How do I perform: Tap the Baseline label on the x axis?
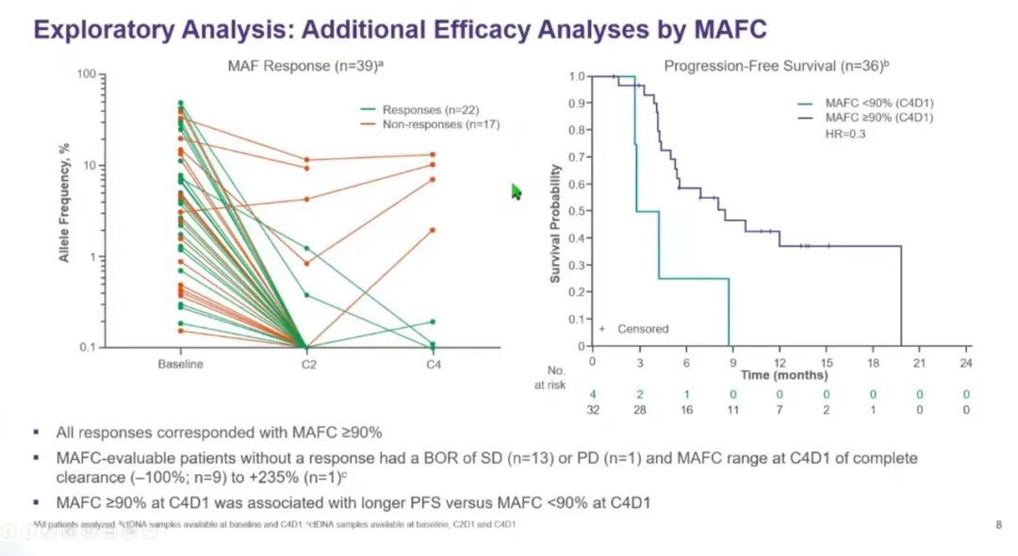(x=180, y=364)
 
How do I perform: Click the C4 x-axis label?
(x=433, y=364)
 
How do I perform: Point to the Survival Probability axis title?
(x=555, y=223)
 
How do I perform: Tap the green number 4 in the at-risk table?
(x=593, y=394)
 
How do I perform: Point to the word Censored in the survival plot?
(x=643, y=329)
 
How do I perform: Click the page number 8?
(x=998, y=525)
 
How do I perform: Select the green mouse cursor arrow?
(x=516, y=191)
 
